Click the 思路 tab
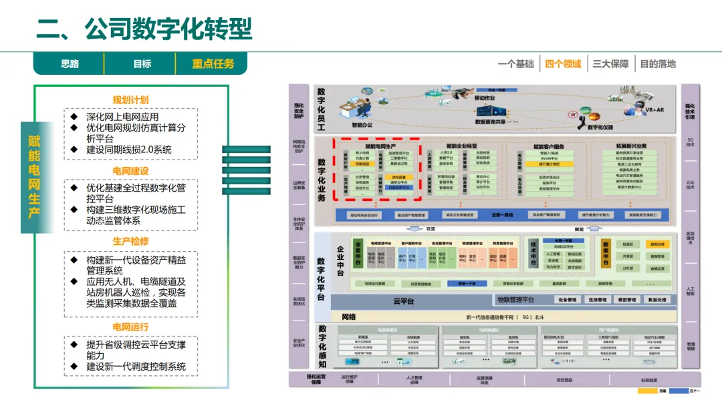[x=70, y=64]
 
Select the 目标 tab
[x=142, y=64]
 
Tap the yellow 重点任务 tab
[x=213, y=64]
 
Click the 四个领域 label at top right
[x=563, y=64]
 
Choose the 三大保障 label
[x=610, y=64]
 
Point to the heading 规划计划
[x=130, y=100]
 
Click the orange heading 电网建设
[x=130, y=172]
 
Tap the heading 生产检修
[x=130, y=241]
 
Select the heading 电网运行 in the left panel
[x=130, y=327]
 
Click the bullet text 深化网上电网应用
[x=122, y=117]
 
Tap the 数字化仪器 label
[x=600, y=127]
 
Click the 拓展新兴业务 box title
[x=630, y=146]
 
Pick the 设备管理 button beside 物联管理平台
[x=568, y=300]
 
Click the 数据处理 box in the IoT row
[x=657, y=300]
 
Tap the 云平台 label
[x=403, y=302]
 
